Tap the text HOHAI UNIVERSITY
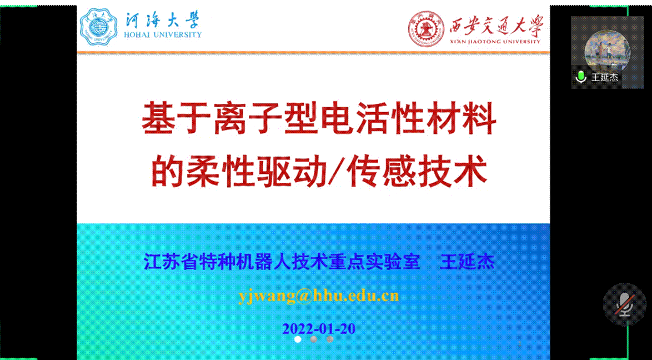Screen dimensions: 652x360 tap(163, 34)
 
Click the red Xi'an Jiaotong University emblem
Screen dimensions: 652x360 tap(426, 29)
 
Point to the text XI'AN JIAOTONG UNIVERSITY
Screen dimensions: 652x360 tap(495, 41)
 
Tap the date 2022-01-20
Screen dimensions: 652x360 tap(319, 329)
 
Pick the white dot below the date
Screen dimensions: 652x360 tap(298, 339)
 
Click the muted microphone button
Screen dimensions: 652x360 tap(625, 304)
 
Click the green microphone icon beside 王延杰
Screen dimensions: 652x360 tap(580, 77)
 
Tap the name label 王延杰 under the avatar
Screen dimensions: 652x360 tap(605, 77)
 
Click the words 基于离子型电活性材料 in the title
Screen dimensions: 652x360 tap(319, 120)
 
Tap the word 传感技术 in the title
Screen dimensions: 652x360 tap(418, 172)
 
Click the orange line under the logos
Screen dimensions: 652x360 tap(313, 53)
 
